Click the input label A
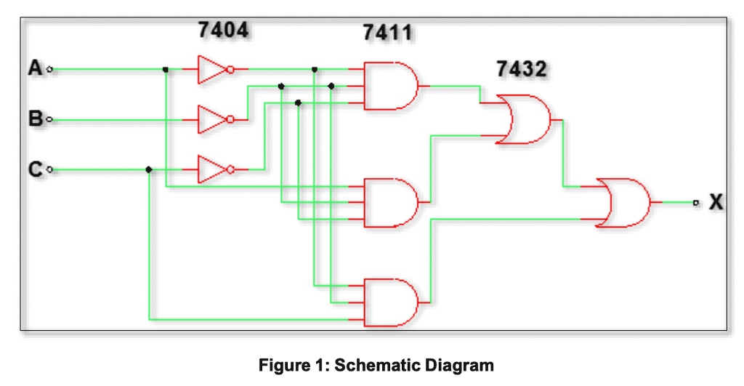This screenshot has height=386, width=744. pos(35,69)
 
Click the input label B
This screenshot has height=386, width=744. pos(35,119)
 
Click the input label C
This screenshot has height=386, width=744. pos(35,170)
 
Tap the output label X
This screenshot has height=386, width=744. pos(716,203)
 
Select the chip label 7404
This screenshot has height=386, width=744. pos(223,30)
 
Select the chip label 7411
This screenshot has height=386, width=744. pos(387,33)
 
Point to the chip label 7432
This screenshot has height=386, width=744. pos(522,70)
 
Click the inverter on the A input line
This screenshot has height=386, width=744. pos(214,70)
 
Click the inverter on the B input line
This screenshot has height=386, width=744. pos(214,119)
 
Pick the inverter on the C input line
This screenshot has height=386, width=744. pos(214,169)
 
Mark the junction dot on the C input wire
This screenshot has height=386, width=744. pos(149,169)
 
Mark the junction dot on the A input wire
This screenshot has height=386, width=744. pos(166,70)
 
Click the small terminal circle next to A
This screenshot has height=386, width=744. pos(49,70)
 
